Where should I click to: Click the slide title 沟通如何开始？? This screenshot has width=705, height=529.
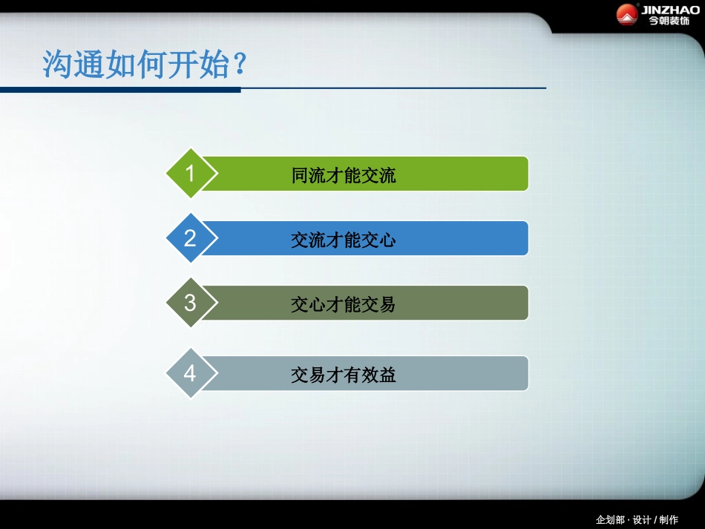[144, 65]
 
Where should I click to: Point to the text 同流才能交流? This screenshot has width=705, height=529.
[344, 175]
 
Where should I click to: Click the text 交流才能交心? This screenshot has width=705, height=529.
[344, 240]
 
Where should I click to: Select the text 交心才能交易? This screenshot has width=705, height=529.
[344, 304]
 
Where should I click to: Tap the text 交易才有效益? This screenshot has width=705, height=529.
[344, 375]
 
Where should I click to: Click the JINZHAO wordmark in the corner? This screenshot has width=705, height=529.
[669, 9]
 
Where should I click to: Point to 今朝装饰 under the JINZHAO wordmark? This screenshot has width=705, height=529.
[669, 21]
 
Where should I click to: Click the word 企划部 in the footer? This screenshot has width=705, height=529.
[611, 519]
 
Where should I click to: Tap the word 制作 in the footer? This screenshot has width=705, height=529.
[669, 519]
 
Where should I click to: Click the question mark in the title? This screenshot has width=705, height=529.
[239, 65]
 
